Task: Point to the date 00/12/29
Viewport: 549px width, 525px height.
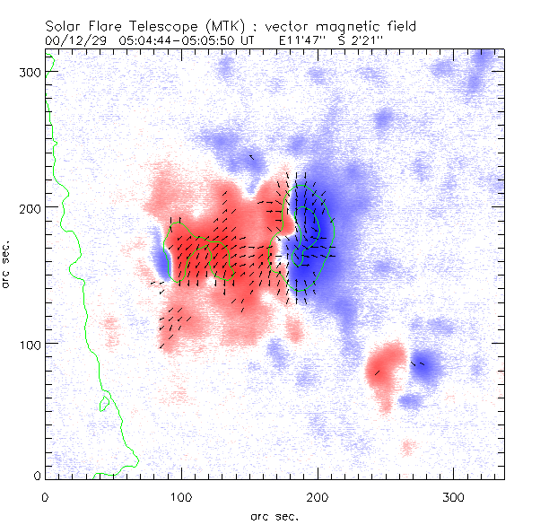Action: pyautogui.click(x=74, y=40)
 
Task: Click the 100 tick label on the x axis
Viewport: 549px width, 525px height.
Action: pyautogui.click(x=181, y=495)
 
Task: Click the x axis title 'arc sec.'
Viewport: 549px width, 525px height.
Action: pyautogui.click(x=274, y=515)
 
